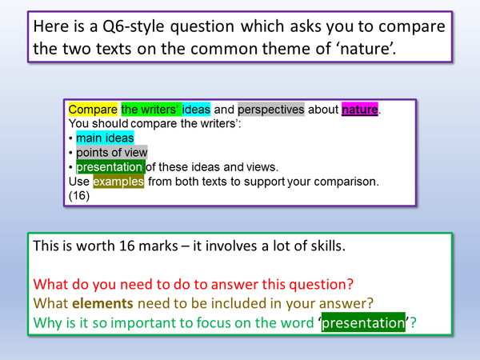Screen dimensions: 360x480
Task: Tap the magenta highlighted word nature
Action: point(359,110)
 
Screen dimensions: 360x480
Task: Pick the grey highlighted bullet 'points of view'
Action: point(111,153)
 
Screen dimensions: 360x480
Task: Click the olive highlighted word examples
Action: point(119,182)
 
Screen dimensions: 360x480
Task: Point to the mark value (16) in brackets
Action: point(78,196)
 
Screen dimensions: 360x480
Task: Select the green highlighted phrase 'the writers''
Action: point(150,110)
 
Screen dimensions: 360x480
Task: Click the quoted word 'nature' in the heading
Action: point(362,51)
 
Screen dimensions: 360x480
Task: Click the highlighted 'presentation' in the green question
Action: point(367,323)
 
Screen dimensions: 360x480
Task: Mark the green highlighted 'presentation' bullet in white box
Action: point(110,167)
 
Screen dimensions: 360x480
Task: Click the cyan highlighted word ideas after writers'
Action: point(196,110)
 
